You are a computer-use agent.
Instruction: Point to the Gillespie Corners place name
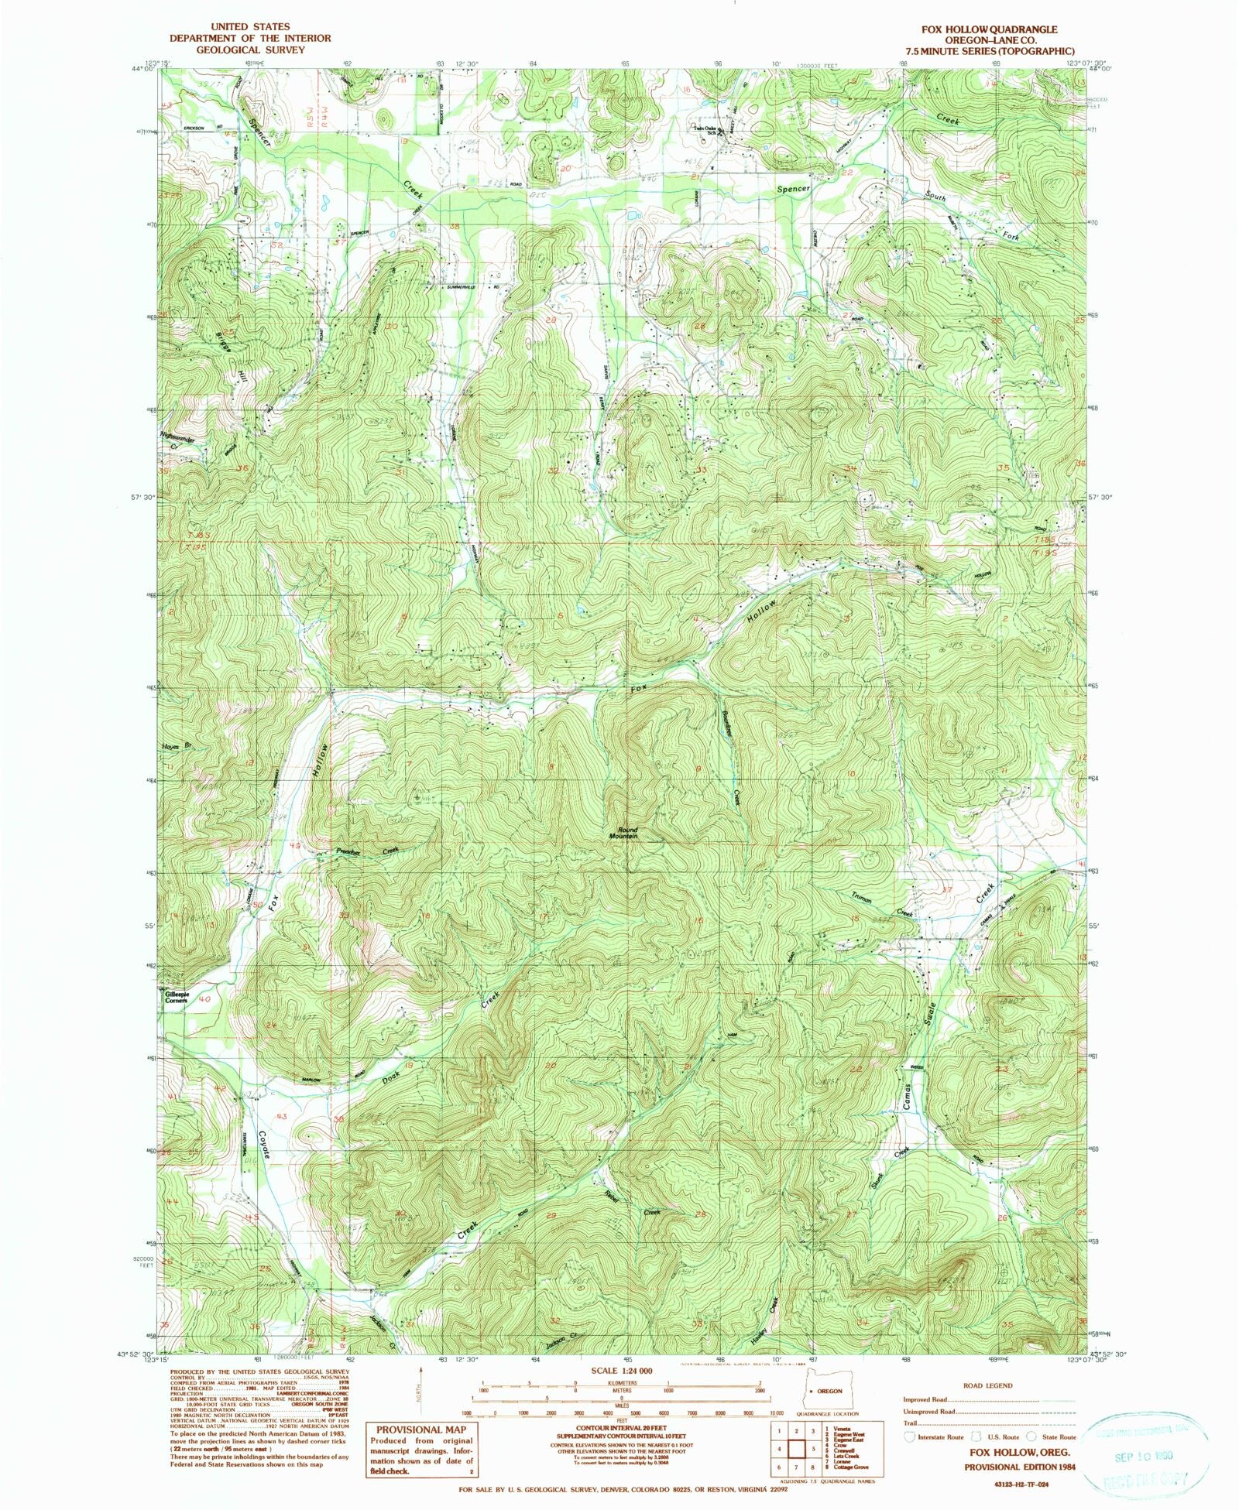pos(177,997)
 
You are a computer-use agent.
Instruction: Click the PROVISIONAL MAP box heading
pos(422,1430)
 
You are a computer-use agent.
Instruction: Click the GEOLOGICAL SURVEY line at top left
pos(238,50)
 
